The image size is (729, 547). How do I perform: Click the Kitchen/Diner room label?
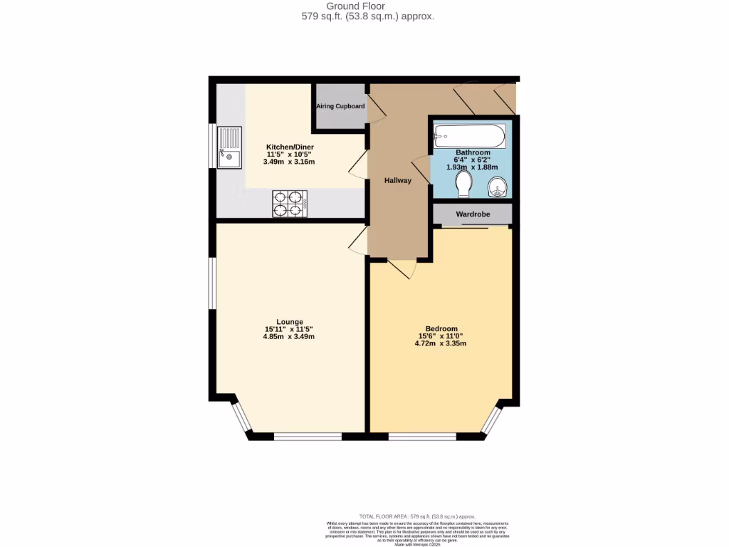coord(290,147)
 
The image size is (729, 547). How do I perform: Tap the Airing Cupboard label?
coord(340,107)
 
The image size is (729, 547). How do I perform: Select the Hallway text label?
coord(398,180)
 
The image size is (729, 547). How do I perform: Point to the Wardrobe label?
coord(473,214)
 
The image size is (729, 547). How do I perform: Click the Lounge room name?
coord(290,321)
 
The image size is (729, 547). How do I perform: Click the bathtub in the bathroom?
coord(470,135)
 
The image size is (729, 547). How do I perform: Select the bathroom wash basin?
coord(497,187)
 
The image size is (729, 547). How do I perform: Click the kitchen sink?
coord(230,147)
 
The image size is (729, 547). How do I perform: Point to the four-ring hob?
coord(289,203)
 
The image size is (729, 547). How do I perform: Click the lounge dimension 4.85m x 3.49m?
coord(290,337)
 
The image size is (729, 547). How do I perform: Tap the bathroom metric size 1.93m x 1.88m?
coord(473,167)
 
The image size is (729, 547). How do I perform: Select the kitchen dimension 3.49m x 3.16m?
coord(290,162)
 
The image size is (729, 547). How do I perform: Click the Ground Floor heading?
coord(364,6)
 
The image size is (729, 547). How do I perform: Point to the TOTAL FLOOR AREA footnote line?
coord(417,516)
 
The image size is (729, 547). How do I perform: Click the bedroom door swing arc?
coord(402,269)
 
